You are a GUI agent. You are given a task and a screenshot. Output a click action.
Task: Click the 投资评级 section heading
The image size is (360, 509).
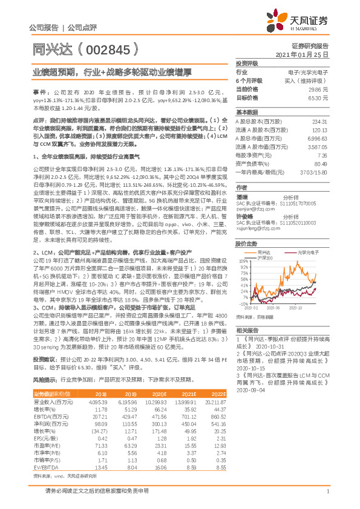247,63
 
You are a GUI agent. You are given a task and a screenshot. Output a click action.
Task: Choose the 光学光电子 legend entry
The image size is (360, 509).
308,251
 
